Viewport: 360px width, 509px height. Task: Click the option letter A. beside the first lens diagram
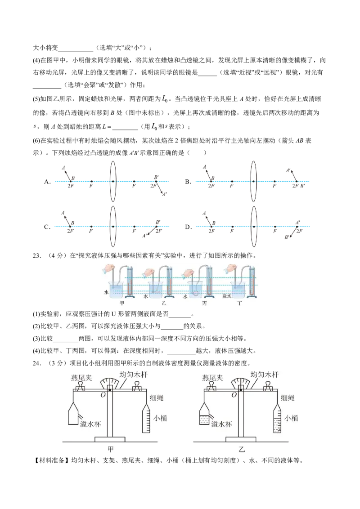[x=47, y=182]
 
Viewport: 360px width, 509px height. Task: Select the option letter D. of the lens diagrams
[x=188, y=227]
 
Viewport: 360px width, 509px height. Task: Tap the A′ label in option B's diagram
[x=288, y=170]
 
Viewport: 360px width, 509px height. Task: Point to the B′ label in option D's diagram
[x=287, y=237]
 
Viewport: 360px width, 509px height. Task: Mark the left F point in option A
[x=91, y=182]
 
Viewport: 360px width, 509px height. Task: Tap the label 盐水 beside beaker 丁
[x=226, y=296]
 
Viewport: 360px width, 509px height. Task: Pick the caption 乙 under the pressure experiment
[x=164, y=303]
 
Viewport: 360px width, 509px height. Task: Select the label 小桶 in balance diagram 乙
[x=291, y=418]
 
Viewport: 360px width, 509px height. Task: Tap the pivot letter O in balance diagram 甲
[x=103, y=395]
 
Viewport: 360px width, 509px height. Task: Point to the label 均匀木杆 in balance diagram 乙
[x=265, y=375]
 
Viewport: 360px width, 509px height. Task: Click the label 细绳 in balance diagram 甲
[x=156, y=397]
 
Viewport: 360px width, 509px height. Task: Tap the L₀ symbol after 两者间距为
[x=165, y=98]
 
